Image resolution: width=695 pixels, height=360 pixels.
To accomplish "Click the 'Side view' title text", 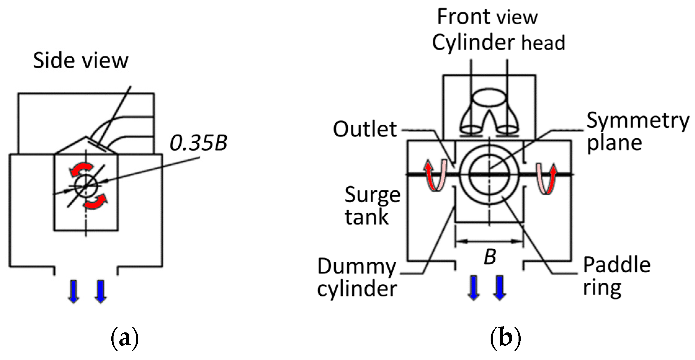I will tap(80, 60).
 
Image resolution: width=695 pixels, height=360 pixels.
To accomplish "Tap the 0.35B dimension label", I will tap(198, 143).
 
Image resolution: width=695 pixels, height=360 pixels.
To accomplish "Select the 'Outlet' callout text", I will tap(365, 129).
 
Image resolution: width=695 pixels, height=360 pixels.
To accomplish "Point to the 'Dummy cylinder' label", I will tap(357, 277).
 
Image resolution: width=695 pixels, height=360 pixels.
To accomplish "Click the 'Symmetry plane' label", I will tap(637, 131).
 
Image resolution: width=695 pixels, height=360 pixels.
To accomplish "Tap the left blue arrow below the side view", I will tap(74, 291).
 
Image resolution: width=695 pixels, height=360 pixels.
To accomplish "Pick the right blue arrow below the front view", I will tap(499, 288).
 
